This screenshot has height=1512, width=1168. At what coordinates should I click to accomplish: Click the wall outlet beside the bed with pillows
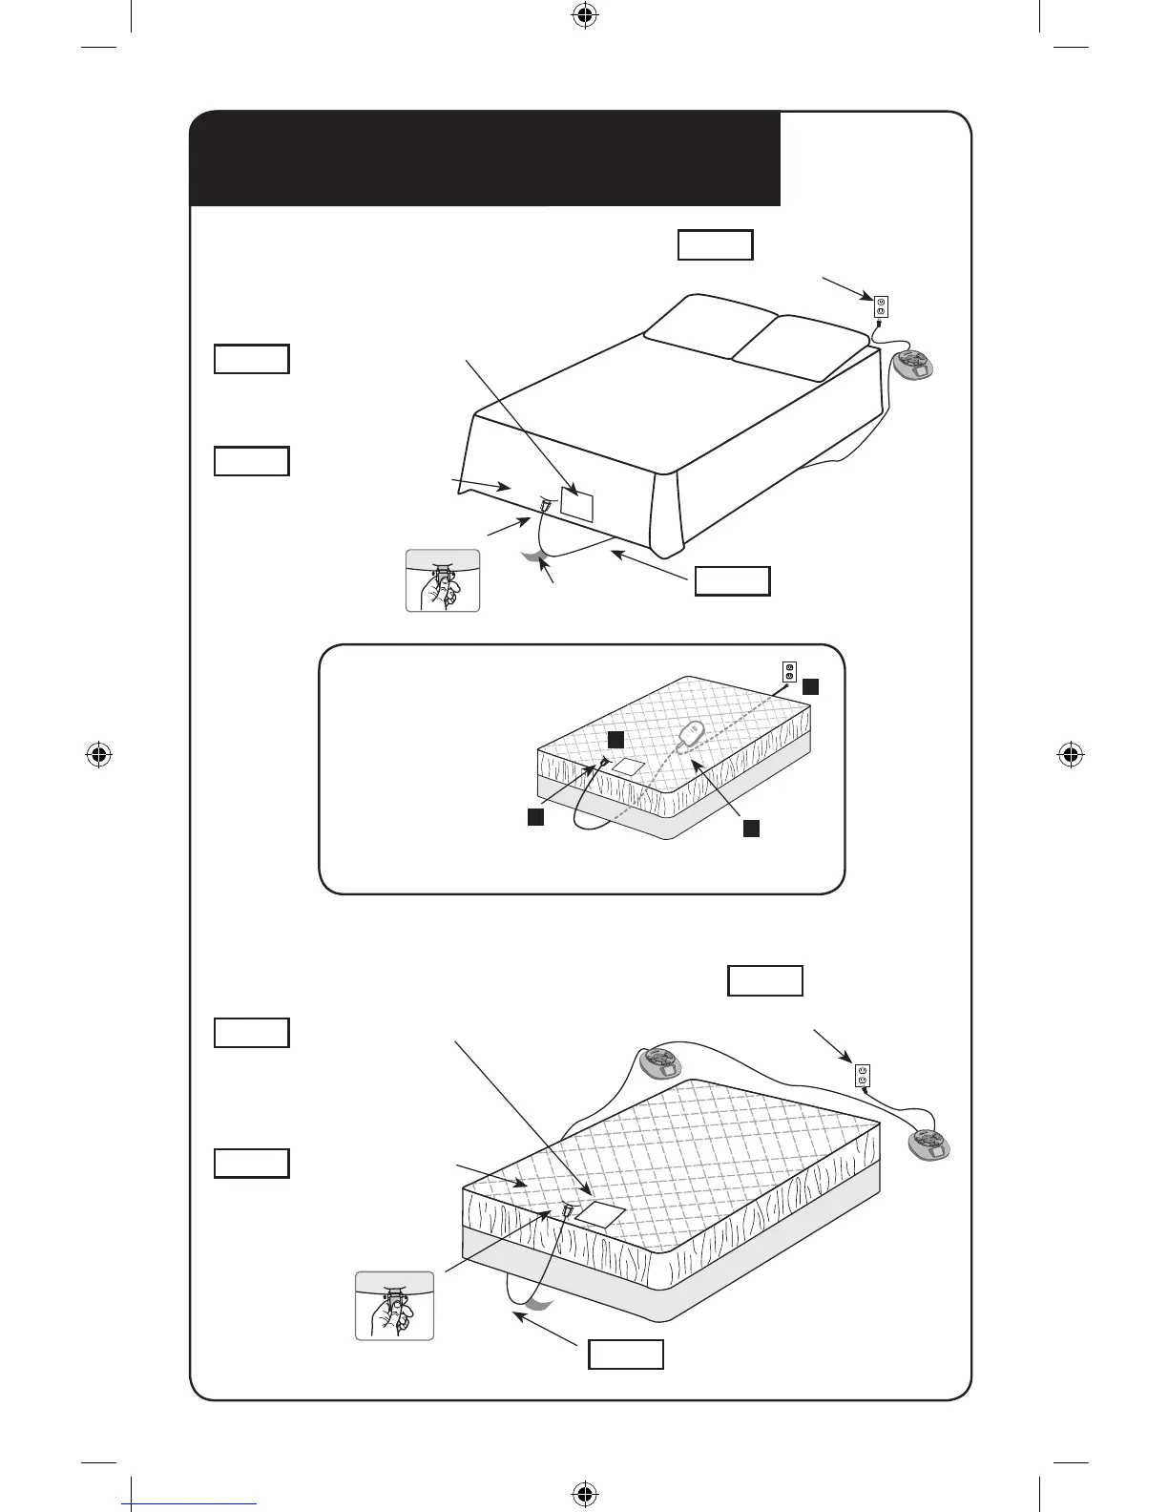[881, 307]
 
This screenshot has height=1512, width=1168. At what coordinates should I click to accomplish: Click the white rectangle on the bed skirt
[577, 501]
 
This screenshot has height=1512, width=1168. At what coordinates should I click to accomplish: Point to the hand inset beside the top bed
[442, 580]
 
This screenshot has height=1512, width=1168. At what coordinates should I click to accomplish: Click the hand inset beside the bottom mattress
[394, 1305]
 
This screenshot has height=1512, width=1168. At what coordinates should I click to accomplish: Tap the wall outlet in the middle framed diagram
[788, 671]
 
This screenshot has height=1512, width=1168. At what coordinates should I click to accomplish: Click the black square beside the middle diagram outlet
[809, 686]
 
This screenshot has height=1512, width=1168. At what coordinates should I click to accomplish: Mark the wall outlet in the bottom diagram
[863, 1076]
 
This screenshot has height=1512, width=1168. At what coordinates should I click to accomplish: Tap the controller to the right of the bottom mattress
[928, 1144]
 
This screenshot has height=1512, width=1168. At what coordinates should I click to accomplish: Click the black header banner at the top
[485, 158]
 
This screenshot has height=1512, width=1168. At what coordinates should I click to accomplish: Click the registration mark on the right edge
[1070, 755]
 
